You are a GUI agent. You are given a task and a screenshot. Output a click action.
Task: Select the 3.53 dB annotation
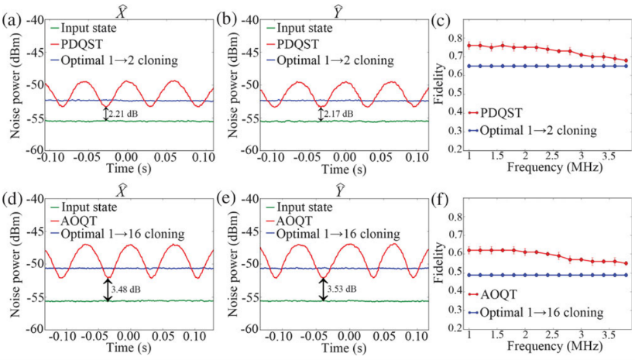pos(342,290)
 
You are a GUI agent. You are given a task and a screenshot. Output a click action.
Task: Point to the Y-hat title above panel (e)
pos(344,187)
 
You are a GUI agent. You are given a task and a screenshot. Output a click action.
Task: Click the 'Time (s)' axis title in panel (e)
pos(344,346)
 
